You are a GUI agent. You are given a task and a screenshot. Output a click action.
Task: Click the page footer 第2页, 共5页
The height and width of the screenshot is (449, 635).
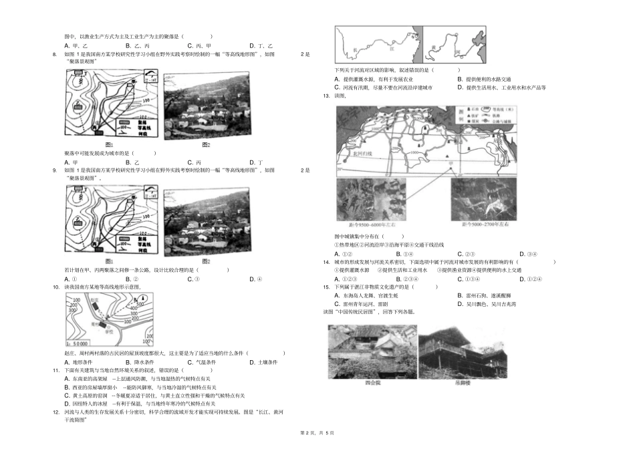pyautogui.click(x=317, y=435)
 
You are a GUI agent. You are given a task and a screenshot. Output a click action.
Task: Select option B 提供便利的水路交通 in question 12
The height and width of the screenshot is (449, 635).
pyautogui.click(x=487, y=79)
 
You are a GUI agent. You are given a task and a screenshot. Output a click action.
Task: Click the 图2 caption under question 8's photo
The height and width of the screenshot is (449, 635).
pyautogui.click(x=206, y=145)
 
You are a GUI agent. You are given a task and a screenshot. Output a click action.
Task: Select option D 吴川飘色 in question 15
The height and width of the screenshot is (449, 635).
pyautogui.click(x=491, y=303)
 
